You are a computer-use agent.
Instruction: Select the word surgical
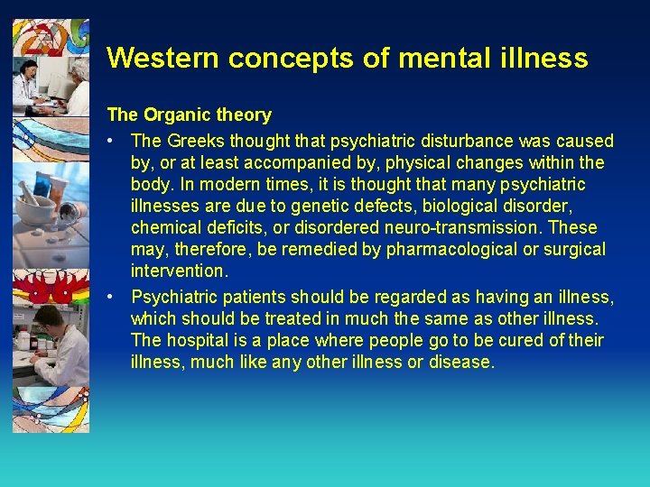pos(572,250)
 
